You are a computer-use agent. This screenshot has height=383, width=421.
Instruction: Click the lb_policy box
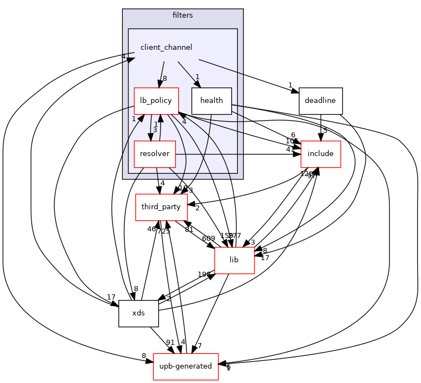[x=156, y=101]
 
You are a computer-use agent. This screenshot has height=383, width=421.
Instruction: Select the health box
[x=211, y=101]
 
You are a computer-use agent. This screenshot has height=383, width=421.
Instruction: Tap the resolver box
[x=154, y=154]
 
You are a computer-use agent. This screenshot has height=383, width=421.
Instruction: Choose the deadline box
[x=320, y=101]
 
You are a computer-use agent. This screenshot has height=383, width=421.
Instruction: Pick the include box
[x=320, y=154]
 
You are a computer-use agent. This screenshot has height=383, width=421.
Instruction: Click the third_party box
[x=161, y=207]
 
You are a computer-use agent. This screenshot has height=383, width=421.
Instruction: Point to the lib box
[x=234, y=260]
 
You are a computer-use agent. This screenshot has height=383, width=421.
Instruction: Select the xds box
[x=138, y=313]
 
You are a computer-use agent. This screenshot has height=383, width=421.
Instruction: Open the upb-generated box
[x=185, y=366]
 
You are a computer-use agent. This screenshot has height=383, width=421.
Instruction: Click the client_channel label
[x=166, y=48]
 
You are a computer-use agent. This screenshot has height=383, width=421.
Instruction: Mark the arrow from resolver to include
[x=238, y=154]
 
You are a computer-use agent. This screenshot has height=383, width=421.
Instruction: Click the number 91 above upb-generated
[x=170, y=343]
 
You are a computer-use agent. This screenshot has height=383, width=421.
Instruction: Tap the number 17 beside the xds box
[x=111, y=297]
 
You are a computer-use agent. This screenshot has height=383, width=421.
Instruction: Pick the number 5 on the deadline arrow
[x=325, y=131]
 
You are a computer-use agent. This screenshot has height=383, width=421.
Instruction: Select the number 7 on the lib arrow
[x=200, y=346]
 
